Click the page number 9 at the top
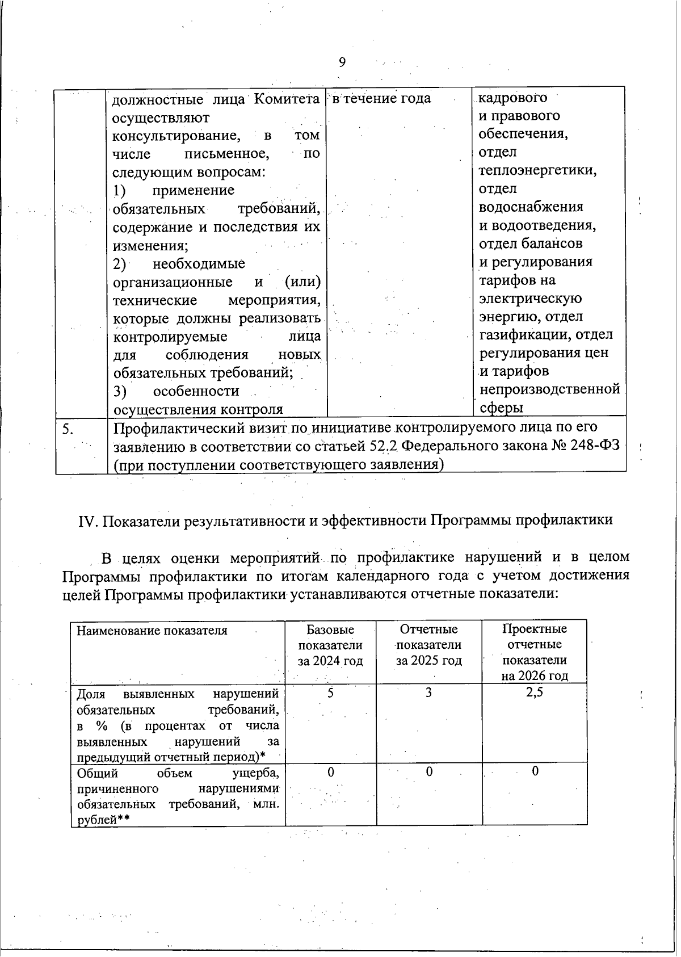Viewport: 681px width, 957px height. point(342,62)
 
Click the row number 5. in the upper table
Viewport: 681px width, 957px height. point(68,430)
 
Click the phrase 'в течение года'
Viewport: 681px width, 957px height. point(381,99)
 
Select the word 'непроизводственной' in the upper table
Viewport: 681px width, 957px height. point(549,389)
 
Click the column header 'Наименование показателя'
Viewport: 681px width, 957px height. point(152,631)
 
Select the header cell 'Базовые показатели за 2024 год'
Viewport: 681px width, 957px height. point(330,645)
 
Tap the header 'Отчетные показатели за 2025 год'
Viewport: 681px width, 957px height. point(428,645)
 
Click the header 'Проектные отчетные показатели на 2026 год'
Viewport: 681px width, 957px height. point(534,652)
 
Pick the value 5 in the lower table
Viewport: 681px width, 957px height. point(330,693)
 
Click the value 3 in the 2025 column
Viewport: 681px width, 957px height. point(429,693)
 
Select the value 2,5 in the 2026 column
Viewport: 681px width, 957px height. point(534,692)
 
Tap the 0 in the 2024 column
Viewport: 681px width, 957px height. point(330,772)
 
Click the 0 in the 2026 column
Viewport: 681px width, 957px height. point(535,771)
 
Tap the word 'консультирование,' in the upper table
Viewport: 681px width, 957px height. point(175,136)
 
